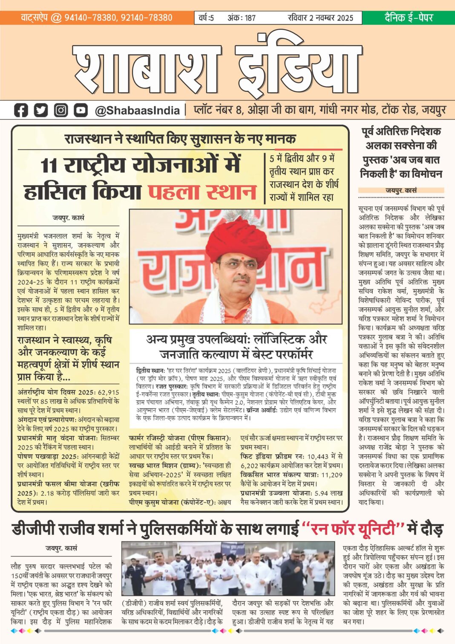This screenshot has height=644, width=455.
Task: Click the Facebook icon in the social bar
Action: [x=21, y=110]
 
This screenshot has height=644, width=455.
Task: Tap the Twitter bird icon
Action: [x=41, y=110]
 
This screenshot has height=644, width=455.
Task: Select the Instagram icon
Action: [x=61, y=110]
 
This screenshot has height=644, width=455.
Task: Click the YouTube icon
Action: [x=81, y=110]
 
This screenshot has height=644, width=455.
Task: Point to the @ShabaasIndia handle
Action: [x=137, y=110]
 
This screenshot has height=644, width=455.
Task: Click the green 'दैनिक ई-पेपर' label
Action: [x=409, y=17]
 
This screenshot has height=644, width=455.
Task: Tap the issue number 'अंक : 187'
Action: [x=242, y=18]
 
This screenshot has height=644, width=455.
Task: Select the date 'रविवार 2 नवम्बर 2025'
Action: [x=320, y=18]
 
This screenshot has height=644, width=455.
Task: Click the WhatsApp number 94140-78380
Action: [x=90, y=17]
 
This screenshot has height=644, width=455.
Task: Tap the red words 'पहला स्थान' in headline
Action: [x=202, y=192]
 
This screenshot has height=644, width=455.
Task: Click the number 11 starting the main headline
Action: [x=49, y=165]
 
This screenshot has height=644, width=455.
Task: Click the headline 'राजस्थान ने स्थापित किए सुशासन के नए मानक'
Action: [x=180, y=139]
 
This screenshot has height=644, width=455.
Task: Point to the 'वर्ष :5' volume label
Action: [x=206, y=18]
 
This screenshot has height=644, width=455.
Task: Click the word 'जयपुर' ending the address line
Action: [x=434, y=110]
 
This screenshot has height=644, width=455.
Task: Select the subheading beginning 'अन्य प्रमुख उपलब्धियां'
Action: [x=236, y=346]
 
